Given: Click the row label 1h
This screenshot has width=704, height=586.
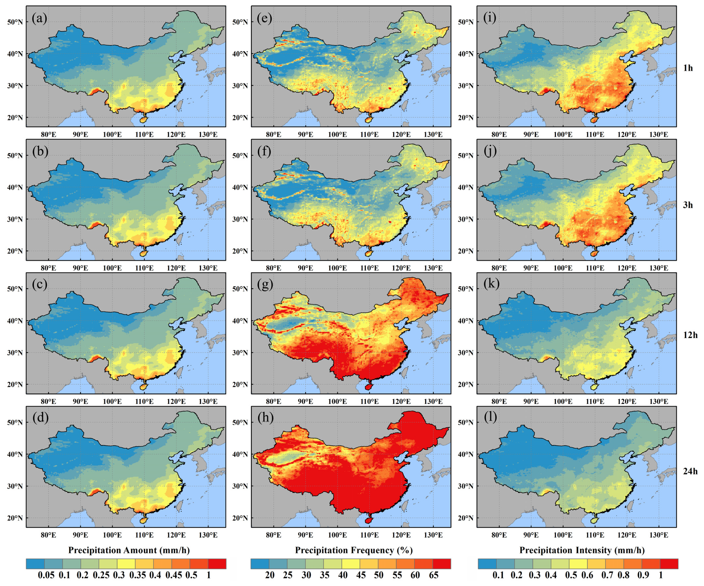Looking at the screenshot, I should [x=688, y=68].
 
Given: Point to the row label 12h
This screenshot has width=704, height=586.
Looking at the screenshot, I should [x=690, y=335].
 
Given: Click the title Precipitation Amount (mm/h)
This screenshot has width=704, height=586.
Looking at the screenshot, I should [x=129, y=550].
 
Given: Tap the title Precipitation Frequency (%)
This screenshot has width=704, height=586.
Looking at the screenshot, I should [x=354, y=550].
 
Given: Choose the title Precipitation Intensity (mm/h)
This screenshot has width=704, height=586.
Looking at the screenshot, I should [x=582, y=550].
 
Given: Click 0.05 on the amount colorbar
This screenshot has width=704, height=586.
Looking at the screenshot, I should [x=46, y=575].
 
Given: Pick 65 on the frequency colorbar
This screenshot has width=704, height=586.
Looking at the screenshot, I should [x=433, y=575].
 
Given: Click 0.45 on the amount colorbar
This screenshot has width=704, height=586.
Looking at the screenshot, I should [x=174, y=575].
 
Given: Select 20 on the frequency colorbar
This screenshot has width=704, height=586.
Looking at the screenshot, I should [x=270, y=575].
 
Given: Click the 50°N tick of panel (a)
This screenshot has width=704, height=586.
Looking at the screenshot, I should [x=15, y=22].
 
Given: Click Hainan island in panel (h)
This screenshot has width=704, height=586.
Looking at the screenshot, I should [x=368, y=521].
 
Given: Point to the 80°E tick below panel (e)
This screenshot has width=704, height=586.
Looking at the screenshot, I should [x=274, y=135].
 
